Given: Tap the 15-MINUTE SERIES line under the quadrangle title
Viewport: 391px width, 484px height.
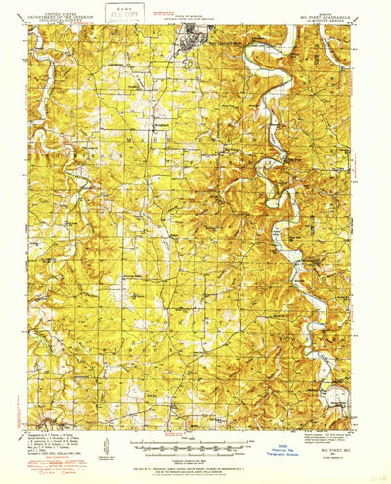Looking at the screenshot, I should [x=328, y=21].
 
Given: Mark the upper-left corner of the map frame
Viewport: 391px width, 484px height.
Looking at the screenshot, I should [x=30, y=26].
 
